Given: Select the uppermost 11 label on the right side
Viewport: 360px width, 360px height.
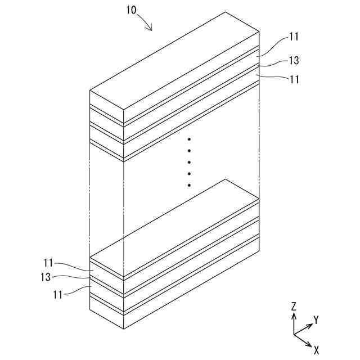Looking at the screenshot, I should tap(294, 37).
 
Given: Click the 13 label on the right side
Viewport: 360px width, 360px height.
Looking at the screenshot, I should tap(294, 60).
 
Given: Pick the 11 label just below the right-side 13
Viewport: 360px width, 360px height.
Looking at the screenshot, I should tap(294, 79).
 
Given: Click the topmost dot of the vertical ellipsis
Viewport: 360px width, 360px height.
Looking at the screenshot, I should tap(190, 139).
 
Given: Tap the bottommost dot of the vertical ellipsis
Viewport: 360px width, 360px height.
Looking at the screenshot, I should tap(190, 185).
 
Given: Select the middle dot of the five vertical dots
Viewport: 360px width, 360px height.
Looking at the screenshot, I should tap(190, 162).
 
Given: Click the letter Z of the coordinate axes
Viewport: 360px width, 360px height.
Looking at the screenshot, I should tap(294, 307).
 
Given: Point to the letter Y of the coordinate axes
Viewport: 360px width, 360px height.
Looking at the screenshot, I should tap(316, 320).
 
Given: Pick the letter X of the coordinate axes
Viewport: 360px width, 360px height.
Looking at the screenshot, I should tap(316, 350).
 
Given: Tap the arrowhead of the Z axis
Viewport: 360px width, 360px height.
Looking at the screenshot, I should tap(294, 316).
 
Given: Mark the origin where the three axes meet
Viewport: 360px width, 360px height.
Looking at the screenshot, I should tap(294, 334).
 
